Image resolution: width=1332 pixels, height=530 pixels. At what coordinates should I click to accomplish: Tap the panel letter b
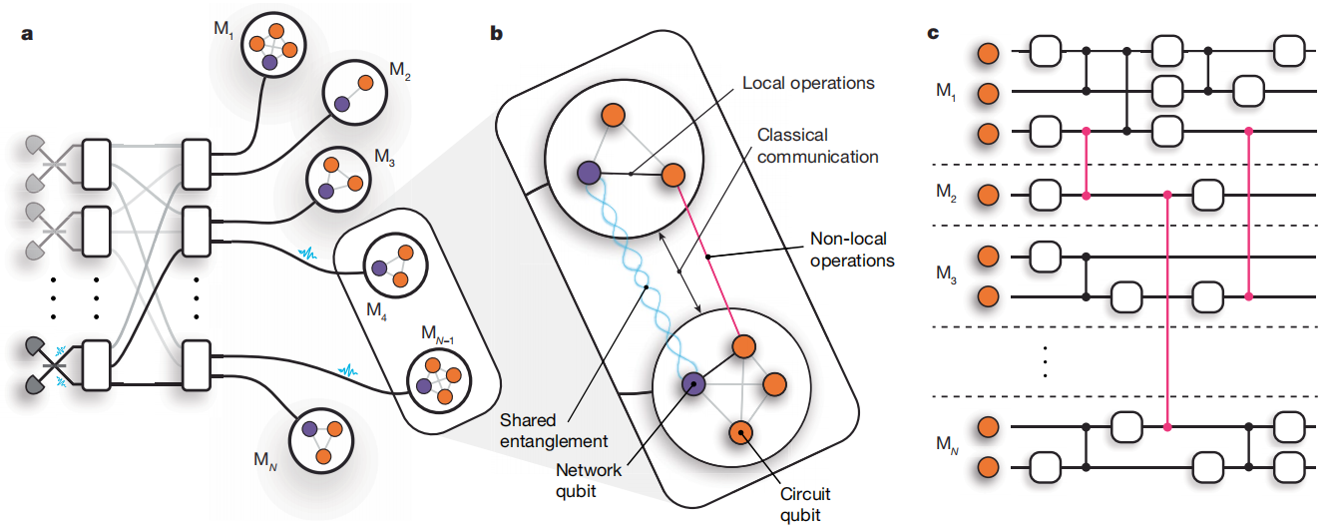496,32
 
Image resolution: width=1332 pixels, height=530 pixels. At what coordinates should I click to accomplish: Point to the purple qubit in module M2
341,103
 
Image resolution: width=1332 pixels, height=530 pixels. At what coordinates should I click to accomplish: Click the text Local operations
808,83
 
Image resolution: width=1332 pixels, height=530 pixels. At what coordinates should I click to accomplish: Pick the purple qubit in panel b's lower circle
692,384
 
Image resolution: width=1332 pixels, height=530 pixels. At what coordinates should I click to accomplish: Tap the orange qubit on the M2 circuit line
988,194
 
